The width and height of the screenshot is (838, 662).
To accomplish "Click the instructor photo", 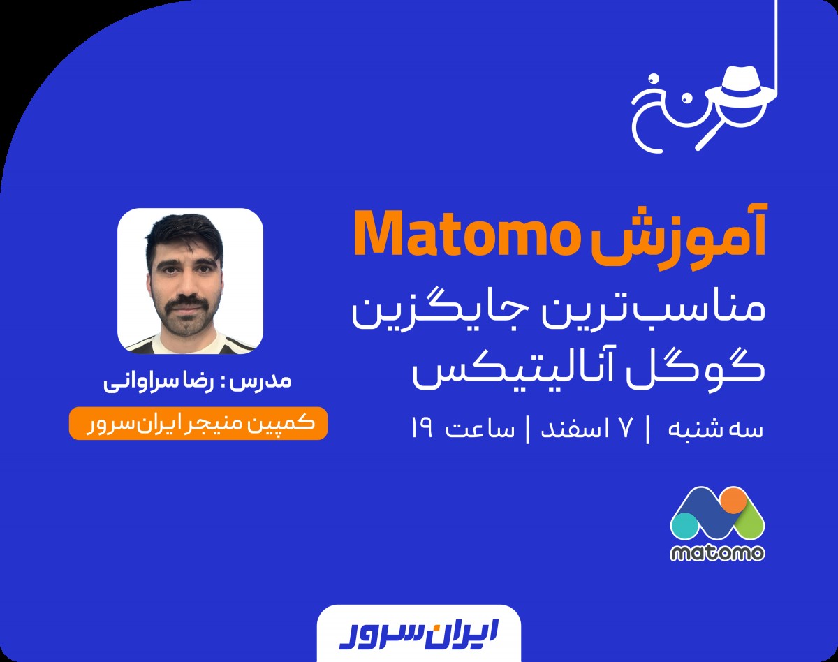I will pyautogui.click(x=190, y=280).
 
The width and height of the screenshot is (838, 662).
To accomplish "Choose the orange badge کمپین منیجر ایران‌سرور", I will pyautogui.click(x=198, y=424).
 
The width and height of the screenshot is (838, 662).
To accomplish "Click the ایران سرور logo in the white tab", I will pyautogui.click(x=418, y=633).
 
